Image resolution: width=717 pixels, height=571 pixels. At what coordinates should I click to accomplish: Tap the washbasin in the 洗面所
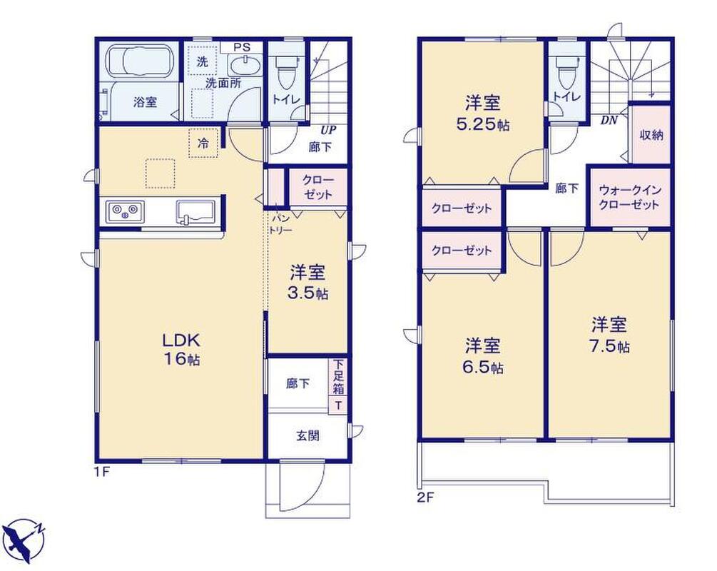(245, 66)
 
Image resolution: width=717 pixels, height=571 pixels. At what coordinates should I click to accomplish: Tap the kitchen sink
(196, 212)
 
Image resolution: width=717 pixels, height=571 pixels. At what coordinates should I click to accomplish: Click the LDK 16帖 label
(182, 349)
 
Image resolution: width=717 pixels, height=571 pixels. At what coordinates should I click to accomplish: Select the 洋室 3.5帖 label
(307, 283)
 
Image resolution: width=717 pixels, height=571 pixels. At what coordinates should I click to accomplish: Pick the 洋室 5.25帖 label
(483, 113)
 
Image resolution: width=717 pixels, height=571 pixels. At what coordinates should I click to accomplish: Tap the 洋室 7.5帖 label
(609, 335)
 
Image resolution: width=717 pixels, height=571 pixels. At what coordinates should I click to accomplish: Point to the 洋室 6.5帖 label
(483, 355)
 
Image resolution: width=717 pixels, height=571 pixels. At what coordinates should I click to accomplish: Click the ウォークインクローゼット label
(630, 197)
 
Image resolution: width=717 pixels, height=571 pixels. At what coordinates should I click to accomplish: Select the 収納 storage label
(651, 135)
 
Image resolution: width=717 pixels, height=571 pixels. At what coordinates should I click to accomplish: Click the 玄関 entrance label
(307, 435)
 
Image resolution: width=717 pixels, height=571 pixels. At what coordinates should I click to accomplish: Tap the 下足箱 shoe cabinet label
(338, 377)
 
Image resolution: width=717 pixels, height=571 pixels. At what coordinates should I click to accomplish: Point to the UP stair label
(328, 130)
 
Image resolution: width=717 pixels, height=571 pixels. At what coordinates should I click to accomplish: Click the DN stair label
(609, 121)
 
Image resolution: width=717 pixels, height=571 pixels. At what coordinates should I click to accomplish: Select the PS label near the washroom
(242, 47)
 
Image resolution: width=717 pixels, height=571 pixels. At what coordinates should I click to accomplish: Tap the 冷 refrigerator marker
(203, 143)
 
